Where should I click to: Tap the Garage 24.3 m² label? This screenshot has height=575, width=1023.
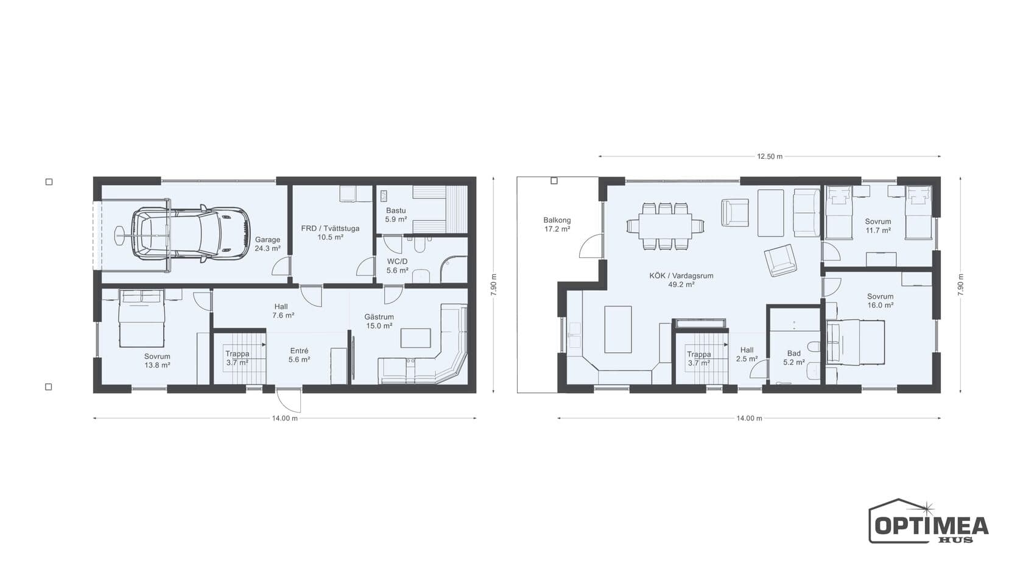coord(268,244)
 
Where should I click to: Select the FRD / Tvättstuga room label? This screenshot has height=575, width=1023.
coord(330,232)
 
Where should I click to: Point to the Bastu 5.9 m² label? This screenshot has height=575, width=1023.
coord(396,215)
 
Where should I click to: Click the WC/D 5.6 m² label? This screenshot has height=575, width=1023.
coord(397,266)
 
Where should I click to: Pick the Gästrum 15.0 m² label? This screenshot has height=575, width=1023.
coord(379,321)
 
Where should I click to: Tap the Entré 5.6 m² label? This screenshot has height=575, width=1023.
coord(299,355)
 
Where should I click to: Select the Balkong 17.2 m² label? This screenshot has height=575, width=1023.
coord(557,225)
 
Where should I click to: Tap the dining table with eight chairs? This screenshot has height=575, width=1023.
coord(665,226)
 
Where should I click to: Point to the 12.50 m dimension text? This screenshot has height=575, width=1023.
coord(770,156)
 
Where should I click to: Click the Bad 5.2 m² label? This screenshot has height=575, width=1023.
coord(794,358)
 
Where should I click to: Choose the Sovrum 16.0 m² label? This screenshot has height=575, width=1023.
coord(880,301)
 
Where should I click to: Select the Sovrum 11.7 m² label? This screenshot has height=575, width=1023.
coord(878,226)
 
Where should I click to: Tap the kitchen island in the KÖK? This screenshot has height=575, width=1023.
coord(618,330)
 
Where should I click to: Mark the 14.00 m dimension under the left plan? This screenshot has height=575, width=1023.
coord(285,418)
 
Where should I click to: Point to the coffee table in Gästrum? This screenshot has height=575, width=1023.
coord(415,338)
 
